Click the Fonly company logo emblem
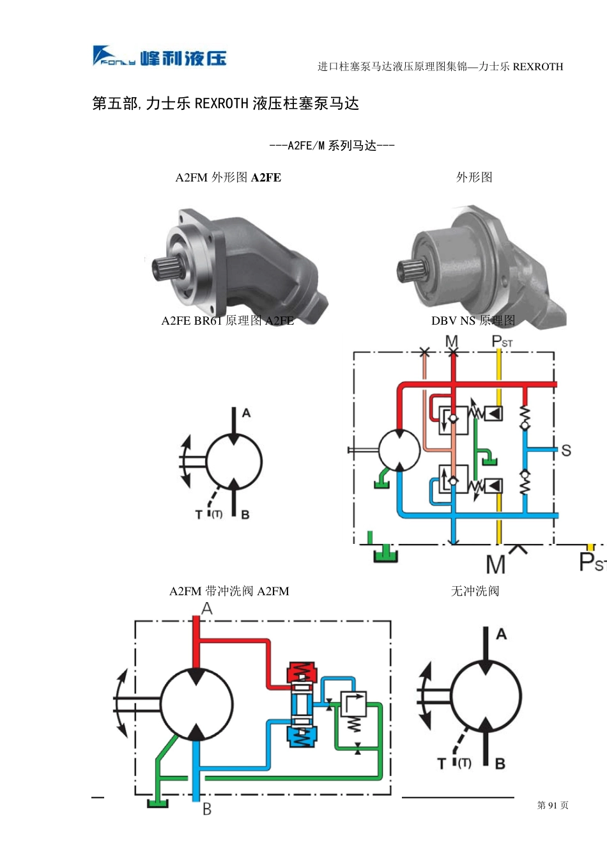(x=114, y=56)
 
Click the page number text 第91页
(x=553, y=805)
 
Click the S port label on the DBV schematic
(x=566, y=450)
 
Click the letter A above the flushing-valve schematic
(x=207, y=608)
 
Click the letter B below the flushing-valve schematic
(x=207, y=809)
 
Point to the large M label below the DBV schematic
(x=495, y=564)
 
